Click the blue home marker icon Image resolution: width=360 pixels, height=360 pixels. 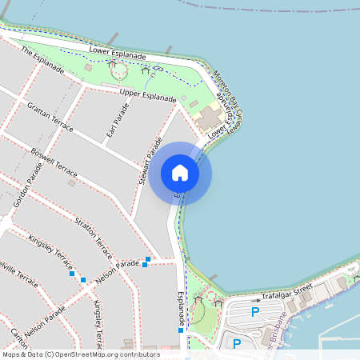click(180, 173)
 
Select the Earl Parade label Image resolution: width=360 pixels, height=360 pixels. click(117, 120)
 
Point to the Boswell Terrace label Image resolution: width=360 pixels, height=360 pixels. click(54, 162)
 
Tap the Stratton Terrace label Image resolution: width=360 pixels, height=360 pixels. click(93, 238)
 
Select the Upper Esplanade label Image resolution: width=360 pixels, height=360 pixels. click(148, 96)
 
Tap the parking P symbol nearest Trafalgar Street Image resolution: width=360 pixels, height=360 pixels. click(255, 312)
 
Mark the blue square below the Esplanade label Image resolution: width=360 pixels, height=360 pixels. click(182, 330)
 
